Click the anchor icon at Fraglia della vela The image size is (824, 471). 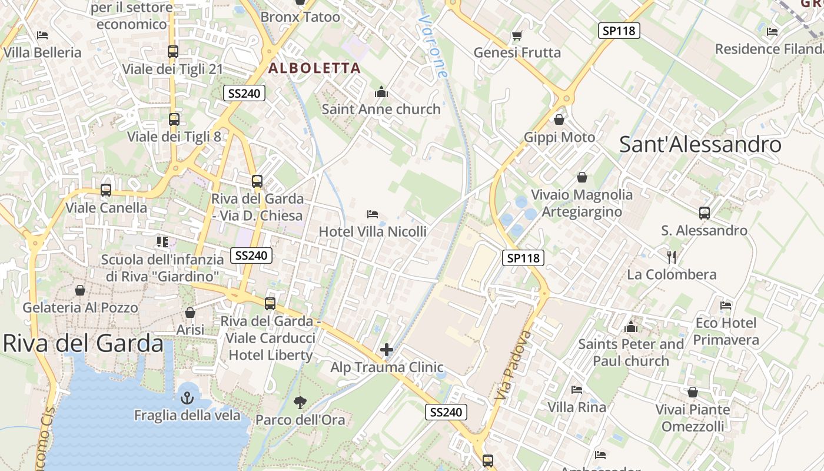(x=187, y=398)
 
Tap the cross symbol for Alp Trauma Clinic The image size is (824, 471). (x=387, y=350)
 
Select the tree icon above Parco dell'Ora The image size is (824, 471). (x=300, y=403)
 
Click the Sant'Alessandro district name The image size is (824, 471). (x=700, y=145)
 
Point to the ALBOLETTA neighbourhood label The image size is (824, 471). (x=314, y=68)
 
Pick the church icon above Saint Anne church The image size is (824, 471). (x=381, y=92)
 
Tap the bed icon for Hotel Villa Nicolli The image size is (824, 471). (x=372, y=214)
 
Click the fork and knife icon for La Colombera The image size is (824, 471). (x=672, y=257)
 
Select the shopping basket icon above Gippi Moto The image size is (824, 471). (x=559, y=120)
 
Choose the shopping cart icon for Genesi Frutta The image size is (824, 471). (x=517, y=36)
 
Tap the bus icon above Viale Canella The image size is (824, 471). (x=106, y=190)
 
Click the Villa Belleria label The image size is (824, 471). (x=42, y=52)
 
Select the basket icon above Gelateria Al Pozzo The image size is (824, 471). (x=80, y=290)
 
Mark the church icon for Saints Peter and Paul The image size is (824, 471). (x=631, y=327)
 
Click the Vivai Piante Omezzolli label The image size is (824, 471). (x=693, y=417)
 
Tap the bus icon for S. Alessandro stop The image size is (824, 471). (x=705, y=213)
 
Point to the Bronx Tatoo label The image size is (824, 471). (x=300, y=17)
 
